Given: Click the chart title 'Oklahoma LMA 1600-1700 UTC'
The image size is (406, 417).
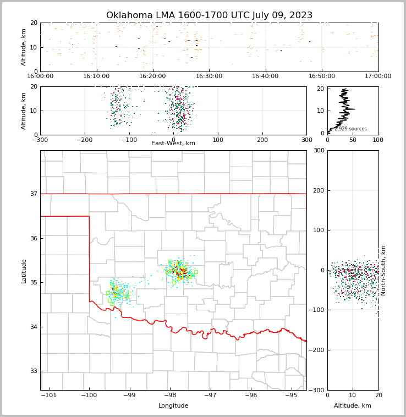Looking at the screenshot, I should [x=209, y=15].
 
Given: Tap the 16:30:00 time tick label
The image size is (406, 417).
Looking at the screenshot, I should [x=209, y=76].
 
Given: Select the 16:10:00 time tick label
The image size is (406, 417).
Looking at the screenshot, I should [x=96, y=76].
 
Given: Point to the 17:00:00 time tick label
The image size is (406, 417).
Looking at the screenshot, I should [x=378, y=76].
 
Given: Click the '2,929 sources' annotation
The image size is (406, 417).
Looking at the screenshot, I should [x=350, y=129].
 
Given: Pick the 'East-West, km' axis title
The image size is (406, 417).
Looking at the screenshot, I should [x=173, y=144].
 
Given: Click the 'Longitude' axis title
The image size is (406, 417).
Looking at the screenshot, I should [x=173, y=406].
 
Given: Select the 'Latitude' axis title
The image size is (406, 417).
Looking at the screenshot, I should [x=24, y=271].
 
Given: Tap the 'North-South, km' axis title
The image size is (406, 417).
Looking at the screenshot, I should [x=383, y=270].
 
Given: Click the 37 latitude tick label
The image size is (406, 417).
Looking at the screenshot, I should [x=34, y=194].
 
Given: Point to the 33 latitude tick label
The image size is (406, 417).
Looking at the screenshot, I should [x=34, y=371].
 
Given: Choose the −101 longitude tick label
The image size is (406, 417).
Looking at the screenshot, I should [x=48, y=396].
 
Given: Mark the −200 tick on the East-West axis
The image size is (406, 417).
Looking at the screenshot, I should [x=84, y=140].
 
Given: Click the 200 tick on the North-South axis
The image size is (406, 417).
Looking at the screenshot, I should [x=318, y=190].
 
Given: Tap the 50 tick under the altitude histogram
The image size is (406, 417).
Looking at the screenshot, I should [x=353, y=140].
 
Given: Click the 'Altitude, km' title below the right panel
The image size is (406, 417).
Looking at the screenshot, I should [x=353, y=406].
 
